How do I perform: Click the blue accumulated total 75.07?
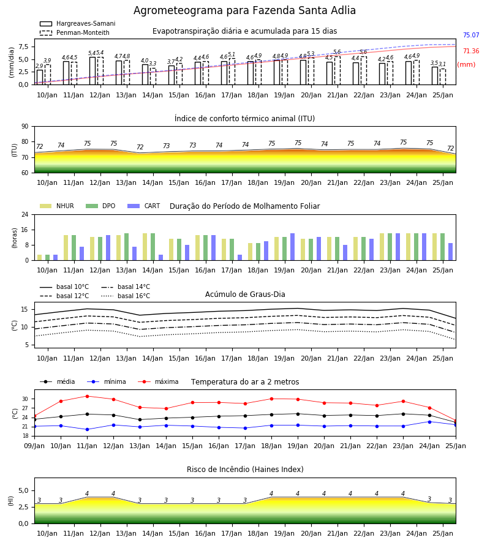pos(471,35)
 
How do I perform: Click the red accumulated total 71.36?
pos(471,51)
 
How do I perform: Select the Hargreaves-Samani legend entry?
pos(77,23)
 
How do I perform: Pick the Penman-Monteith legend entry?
pos(75,32)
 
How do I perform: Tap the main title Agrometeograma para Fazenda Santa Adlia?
pos(244,10)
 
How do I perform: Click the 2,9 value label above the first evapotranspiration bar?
pos(39,66)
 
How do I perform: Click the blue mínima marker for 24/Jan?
pos(429,422)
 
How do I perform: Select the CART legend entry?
pos(143,206)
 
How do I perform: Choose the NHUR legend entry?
pos(56,206)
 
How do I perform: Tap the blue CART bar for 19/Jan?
pos(292,247)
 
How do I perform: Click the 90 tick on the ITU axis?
pos(25,127)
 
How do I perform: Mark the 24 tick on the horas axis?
pos(25,214)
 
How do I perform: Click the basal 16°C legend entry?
pos(126,296)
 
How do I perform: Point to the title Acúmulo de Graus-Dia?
pos(245,294)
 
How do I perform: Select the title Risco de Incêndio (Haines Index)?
pos(245,470)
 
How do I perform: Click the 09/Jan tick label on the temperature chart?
pos(34,446)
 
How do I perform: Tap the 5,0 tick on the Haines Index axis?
pos(23,491)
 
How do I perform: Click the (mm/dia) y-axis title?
pos(12,62)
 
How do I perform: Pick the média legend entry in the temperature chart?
pos(58,381)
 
